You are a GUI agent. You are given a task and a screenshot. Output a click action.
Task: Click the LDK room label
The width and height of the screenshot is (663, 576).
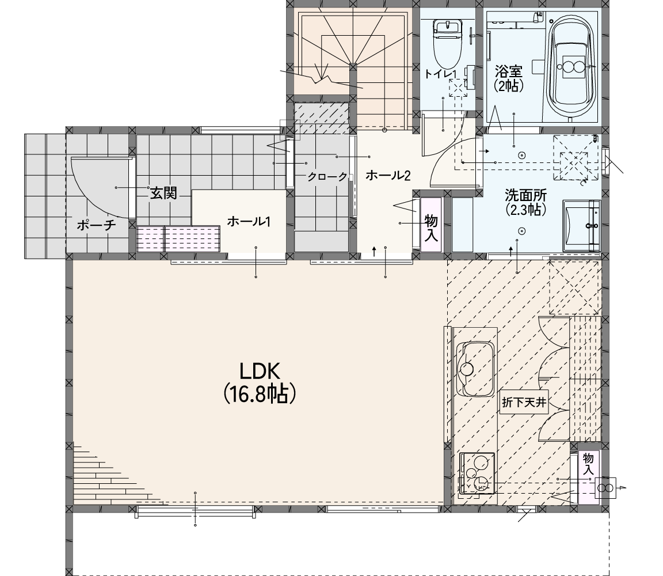click(260, 372)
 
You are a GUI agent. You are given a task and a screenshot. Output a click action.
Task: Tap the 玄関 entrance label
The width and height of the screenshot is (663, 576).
click(163, 194)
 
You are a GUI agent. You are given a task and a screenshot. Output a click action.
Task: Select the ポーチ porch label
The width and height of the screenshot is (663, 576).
click(97, 225)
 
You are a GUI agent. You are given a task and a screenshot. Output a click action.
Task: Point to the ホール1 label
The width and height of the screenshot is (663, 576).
click(249, 221)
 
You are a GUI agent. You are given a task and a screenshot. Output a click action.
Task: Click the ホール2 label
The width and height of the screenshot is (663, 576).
click(388, 175)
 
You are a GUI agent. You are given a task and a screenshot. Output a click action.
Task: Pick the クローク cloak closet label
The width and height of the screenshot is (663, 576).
click(327, 177)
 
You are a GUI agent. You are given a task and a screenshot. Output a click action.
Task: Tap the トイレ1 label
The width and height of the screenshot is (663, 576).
click(440, 74)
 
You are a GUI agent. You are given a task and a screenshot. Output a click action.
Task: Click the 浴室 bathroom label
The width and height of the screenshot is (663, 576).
click(509, 71)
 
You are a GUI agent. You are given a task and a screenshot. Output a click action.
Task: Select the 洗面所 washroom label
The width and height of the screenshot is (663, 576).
click(525, 195)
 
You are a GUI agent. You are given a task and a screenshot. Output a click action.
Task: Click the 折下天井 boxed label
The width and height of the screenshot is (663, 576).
click(524, 402)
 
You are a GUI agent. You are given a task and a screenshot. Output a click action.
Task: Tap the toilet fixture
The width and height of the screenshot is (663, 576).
click(447, 43)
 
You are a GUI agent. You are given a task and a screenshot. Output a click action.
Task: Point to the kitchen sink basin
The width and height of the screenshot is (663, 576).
click(475, 369)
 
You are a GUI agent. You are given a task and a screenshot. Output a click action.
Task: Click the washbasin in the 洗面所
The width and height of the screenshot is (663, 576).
click(581, 226)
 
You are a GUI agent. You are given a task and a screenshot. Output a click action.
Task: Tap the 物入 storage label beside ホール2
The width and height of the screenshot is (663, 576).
click(431, 228)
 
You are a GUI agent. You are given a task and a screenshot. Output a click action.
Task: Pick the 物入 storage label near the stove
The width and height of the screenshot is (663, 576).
click(588, 464)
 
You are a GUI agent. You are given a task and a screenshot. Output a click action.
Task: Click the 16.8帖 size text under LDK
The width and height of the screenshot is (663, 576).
click(259, 394)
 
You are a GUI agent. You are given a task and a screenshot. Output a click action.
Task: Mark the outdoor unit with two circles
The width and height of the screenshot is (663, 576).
click(605, 488)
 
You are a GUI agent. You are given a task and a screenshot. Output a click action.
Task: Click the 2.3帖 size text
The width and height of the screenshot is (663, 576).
click(525, 210)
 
